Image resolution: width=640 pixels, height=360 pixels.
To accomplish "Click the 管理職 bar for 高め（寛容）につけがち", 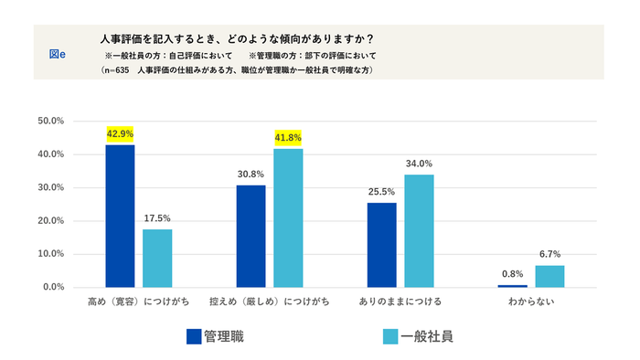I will [120, 216].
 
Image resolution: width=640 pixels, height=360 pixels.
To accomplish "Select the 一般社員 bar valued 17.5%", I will [157, 258].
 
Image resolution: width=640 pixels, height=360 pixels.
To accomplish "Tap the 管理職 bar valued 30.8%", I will [251, 236].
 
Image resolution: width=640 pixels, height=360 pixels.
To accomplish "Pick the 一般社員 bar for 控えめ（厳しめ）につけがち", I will [288, 217].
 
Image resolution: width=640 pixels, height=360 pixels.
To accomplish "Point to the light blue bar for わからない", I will [550, 276].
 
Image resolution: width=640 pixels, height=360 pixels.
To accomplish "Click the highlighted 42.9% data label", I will [120, 133].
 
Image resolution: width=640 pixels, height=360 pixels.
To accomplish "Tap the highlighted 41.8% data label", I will [288, 138].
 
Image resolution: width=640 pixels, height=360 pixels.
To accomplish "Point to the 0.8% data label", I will [513, 273].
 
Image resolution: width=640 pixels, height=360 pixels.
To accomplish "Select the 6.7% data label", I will [550, 254].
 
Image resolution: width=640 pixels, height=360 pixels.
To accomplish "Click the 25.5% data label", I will [382, 192].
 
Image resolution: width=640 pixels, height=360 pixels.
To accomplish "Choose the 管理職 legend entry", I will [216, 335].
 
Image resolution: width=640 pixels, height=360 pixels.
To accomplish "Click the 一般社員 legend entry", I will [416, 335].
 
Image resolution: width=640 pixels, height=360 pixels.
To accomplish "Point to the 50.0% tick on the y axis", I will [50, 121].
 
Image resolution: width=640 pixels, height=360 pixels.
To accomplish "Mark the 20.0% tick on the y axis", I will [50, 220].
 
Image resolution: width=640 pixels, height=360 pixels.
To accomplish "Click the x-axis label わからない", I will [531, 301].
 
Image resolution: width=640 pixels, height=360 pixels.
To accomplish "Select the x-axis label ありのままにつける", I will [400, 301].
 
